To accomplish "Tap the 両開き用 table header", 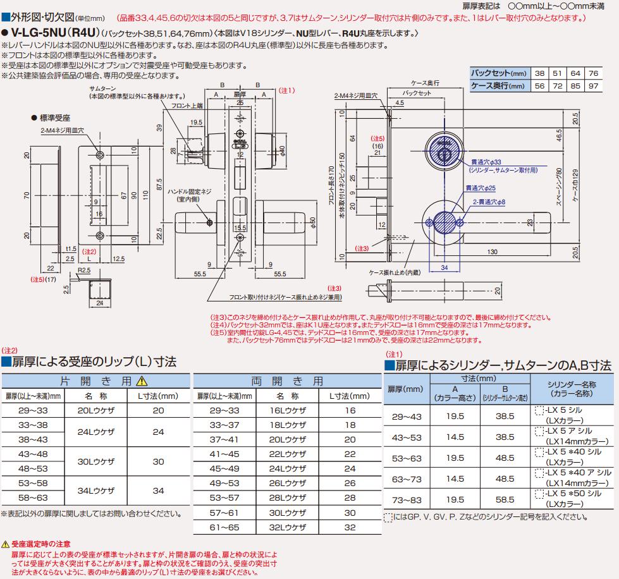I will (288, 381).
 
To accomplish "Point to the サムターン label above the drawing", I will (102, 88).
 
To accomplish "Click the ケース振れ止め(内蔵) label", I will (395, 272).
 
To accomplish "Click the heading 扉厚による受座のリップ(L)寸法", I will (89, 362).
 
